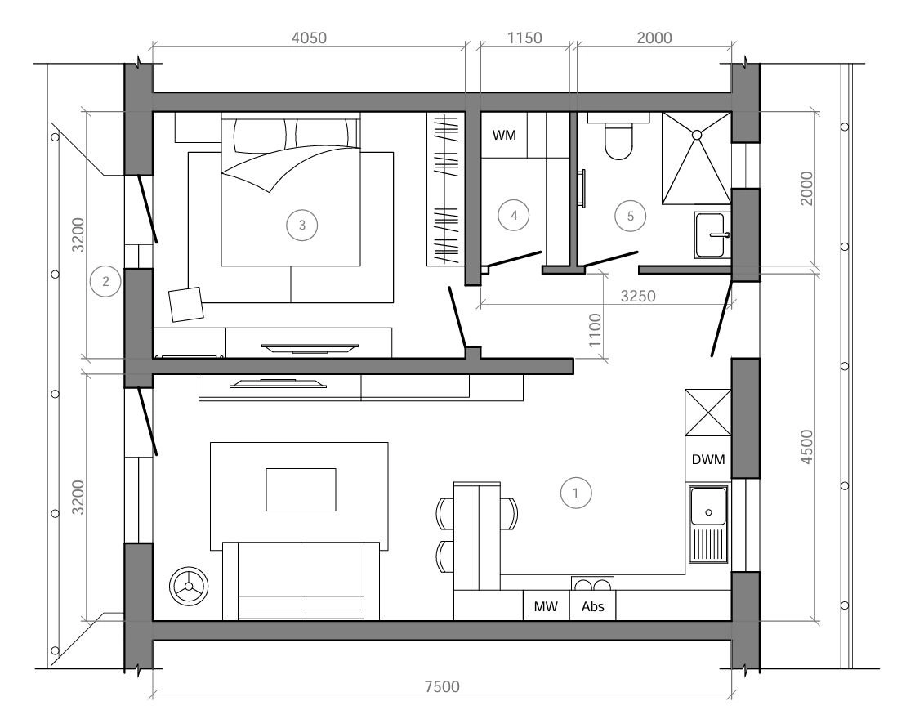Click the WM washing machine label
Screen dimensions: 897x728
pos(504,135)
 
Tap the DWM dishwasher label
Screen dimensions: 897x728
pos(708,459)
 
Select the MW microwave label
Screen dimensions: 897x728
pos(545,606)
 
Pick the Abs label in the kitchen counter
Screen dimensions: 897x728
pos(592,606)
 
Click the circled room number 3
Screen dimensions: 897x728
pos(302,225)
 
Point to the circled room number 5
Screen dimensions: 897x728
pos(631,216)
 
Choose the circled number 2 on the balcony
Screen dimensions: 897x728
pos(105,281)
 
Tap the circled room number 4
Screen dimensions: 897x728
pos(514,215)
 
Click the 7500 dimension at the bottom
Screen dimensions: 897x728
pos(442,686)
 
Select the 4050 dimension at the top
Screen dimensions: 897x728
pos(309,38)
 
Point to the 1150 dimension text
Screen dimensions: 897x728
pos(524,38)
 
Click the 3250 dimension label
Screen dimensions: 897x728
pos(638,296)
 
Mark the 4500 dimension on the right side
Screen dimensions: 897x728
pos(806,446)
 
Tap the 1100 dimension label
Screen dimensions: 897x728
pos(596,330)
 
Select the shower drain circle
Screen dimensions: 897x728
pos(697,135)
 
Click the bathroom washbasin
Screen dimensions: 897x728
pos(713,234)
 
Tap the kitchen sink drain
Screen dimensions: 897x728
pos(708,512)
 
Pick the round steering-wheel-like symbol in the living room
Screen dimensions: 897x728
pos(189,586)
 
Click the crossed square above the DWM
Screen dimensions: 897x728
pos(708,413)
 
